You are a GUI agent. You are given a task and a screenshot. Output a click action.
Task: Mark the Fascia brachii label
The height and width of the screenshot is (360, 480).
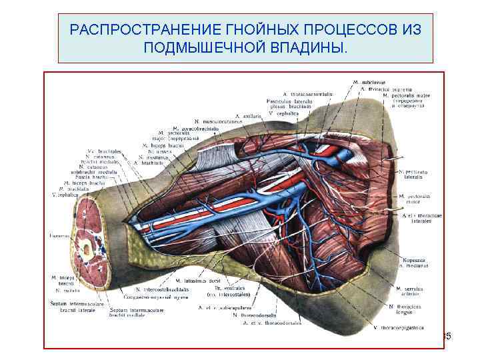96,177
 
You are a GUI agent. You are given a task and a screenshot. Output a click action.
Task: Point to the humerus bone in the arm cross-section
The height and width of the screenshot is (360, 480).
87,249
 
